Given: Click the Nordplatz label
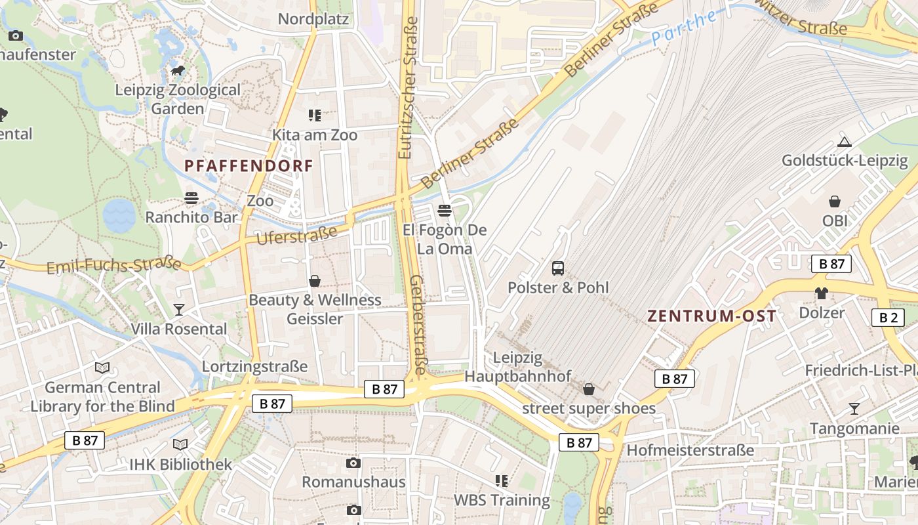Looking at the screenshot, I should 313,18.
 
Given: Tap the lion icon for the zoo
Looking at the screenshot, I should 177,70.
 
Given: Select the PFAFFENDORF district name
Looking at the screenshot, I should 249,165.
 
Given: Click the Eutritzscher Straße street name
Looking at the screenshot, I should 408,87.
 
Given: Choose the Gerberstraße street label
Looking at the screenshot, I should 418,324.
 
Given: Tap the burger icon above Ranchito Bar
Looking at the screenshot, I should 191,198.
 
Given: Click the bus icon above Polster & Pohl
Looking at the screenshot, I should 558,268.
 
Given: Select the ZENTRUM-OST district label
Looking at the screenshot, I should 712,316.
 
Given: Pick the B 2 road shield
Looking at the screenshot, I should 888,318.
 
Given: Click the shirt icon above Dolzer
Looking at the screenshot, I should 821,293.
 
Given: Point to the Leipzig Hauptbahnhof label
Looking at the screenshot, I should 518,367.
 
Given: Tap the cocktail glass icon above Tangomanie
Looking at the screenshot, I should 854,409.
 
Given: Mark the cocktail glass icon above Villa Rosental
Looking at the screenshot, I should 178,309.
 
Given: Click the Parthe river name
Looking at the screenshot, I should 685,27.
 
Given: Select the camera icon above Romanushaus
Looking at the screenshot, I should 353,463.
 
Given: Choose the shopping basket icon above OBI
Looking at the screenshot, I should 835,201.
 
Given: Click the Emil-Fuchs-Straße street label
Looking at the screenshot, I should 114,265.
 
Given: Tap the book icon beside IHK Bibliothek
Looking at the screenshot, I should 180,445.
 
